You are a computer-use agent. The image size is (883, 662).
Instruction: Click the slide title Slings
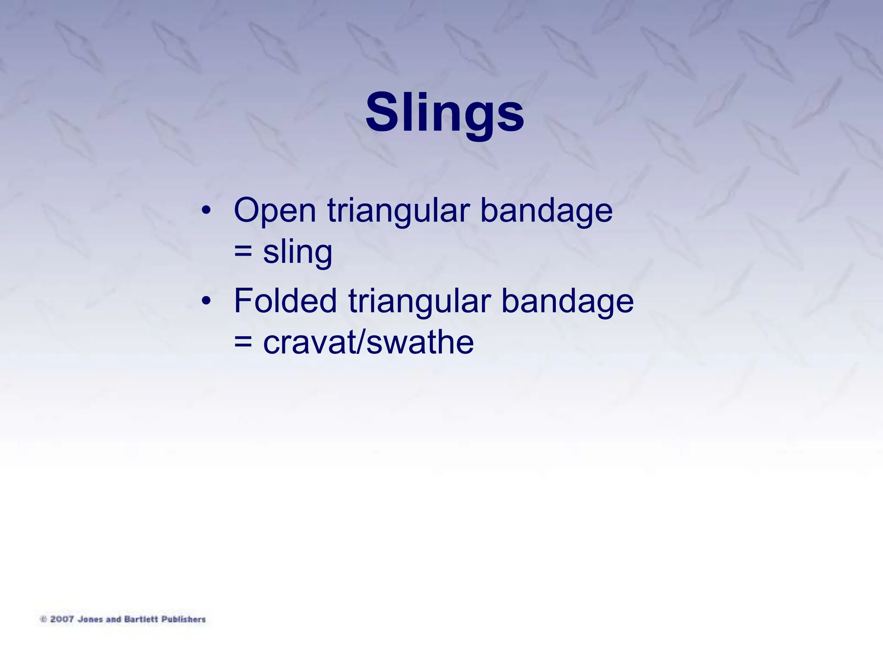445,113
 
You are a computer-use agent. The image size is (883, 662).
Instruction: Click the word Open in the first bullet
275,210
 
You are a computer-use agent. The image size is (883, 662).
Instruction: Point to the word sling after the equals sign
297,252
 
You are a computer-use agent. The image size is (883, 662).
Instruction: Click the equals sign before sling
243,251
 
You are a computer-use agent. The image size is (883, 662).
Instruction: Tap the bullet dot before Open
206,211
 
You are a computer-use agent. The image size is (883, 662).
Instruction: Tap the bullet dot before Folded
206,301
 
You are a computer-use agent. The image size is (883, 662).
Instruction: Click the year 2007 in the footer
62,619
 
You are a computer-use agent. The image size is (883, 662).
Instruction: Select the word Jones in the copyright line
90,619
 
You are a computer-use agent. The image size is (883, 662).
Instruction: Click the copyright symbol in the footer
43,619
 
